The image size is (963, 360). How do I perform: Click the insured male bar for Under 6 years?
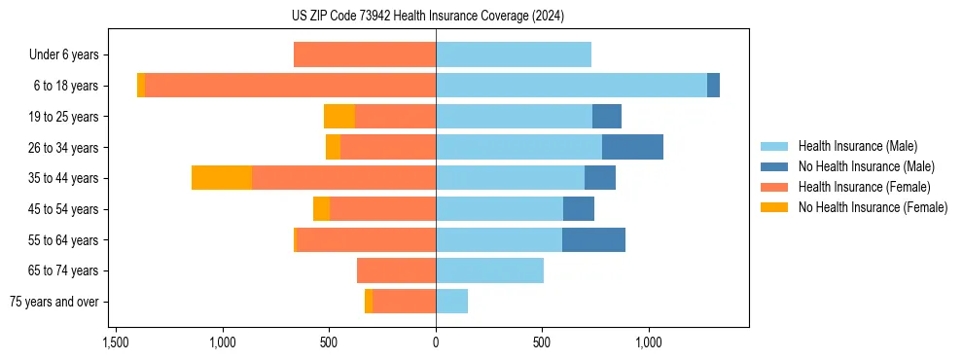514,55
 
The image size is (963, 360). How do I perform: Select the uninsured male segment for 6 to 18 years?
713,86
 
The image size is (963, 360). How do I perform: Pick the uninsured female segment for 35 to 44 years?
222,178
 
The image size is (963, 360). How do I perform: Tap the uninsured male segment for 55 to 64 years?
593,239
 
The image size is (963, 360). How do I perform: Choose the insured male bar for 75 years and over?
451,302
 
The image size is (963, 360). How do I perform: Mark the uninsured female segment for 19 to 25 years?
339,117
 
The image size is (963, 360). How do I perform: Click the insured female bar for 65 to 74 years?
396,270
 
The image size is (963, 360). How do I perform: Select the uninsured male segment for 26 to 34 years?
632,147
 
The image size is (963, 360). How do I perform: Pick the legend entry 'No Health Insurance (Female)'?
873,207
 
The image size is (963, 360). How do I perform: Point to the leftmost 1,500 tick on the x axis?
116,342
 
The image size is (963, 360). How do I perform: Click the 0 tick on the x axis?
436,342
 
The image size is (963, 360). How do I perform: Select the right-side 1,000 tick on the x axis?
649,342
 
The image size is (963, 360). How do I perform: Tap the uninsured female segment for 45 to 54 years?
321,209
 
